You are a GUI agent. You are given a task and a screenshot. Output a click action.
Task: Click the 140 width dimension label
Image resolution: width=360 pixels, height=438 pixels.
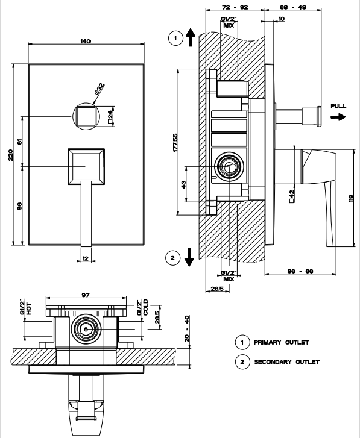[86, 42]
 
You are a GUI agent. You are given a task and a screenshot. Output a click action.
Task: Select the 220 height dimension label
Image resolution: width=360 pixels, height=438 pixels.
[11, 155]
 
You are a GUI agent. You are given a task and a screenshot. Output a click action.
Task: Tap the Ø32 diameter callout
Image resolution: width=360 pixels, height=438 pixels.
[99, 89]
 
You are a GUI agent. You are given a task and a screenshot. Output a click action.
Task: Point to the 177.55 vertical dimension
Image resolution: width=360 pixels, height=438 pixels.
[175, 143]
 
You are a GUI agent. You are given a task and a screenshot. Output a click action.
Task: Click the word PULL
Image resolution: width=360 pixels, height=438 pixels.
[338, 106]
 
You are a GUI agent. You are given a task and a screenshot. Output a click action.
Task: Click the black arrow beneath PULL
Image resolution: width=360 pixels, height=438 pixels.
[338, 117]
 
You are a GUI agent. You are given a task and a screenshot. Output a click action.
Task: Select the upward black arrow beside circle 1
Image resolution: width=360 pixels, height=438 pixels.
[191, 37]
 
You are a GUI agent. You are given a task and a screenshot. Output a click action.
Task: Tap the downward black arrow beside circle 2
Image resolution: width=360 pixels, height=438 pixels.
[189, 257]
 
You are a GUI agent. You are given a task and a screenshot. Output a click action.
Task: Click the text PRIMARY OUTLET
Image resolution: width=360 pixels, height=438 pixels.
[282, 342]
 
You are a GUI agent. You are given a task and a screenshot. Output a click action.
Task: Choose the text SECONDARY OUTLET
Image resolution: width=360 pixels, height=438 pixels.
[287, 362]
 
